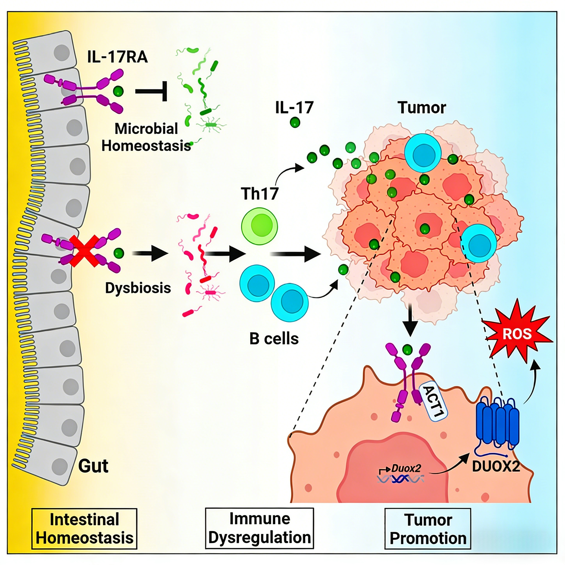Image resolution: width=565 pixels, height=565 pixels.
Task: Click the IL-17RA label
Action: coord(117,57)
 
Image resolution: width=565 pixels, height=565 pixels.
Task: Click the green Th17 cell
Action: coord(259,226)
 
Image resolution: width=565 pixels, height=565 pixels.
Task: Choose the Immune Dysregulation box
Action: coord(259,528)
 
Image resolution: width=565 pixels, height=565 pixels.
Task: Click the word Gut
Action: coord(93,466)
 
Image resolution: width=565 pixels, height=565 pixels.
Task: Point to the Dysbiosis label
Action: coord(138,288)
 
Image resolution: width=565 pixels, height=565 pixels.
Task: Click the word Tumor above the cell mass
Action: coord(422,108)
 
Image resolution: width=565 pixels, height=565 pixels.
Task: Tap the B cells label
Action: coord(274,339)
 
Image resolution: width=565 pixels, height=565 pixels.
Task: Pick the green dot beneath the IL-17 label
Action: coord(295,122)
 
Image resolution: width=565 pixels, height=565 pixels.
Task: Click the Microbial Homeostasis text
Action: coord(146,137)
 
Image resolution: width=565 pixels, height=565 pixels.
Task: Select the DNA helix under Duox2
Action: coord(401,479)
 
